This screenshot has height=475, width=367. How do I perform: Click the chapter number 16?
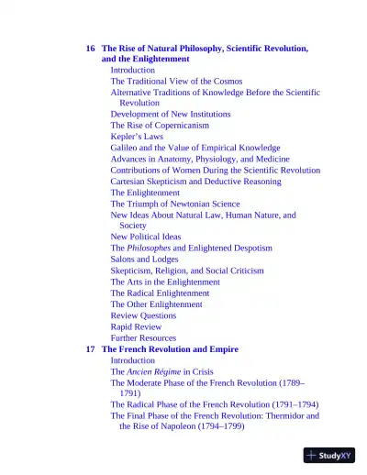tap(90, 48)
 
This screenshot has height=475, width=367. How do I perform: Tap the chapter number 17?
tap(90, 349)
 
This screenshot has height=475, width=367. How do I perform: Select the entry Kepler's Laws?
tap(137, 137)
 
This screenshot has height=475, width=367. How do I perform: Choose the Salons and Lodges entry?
tap(145, 260)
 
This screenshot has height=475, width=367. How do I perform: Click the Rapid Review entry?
tap(136, 326)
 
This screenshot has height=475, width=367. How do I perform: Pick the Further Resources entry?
tap(143, 338)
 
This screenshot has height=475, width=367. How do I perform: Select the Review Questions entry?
tap(143, 315)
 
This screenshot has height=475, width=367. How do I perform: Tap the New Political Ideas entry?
tap(146, 237)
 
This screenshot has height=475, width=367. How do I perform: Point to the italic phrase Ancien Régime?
tap(157, 371)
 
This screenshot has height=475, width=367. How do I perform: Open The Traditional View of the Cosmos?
tap(177, 81)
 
